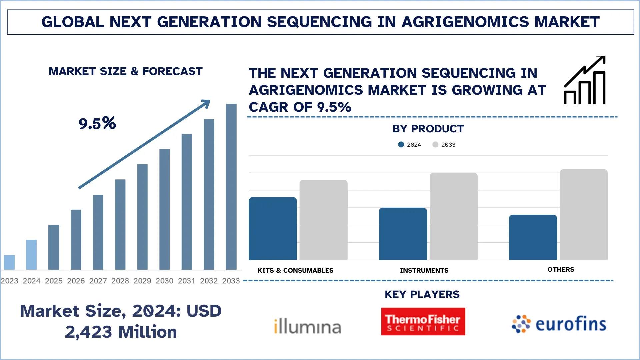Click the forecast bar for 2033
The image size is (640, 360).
point(231,187)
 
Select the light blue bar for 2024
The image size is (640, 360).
point(31,255)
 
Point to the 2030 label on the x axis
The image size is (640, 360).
point(164,281)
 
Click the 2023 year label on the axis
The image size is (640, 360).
point(9,281)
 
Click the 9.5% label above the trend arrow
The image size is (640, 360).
point(97,123)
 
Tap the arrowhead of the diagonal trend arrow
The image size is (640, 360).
point(206,104)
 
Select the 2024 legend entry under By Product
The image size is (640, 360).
point(410,145)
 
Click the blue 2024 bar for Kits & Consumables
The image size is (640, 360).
point(273,229)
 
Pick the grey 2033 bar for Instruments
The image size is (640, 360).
point(453,216)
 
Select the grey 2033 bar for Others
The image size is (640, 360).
point(583,215)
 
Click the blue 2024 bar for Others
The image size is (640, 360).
point(533,237)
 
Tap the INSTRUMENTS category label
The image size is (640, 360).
point(424,270)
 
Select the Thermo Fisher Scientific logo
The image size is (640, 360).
point(423,322)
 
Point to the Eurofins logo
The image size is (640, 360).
point(559,324)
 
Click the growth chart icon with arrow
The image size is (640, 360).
point(585,80)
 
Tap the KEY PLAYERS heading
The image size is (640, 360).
point(422,294)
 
